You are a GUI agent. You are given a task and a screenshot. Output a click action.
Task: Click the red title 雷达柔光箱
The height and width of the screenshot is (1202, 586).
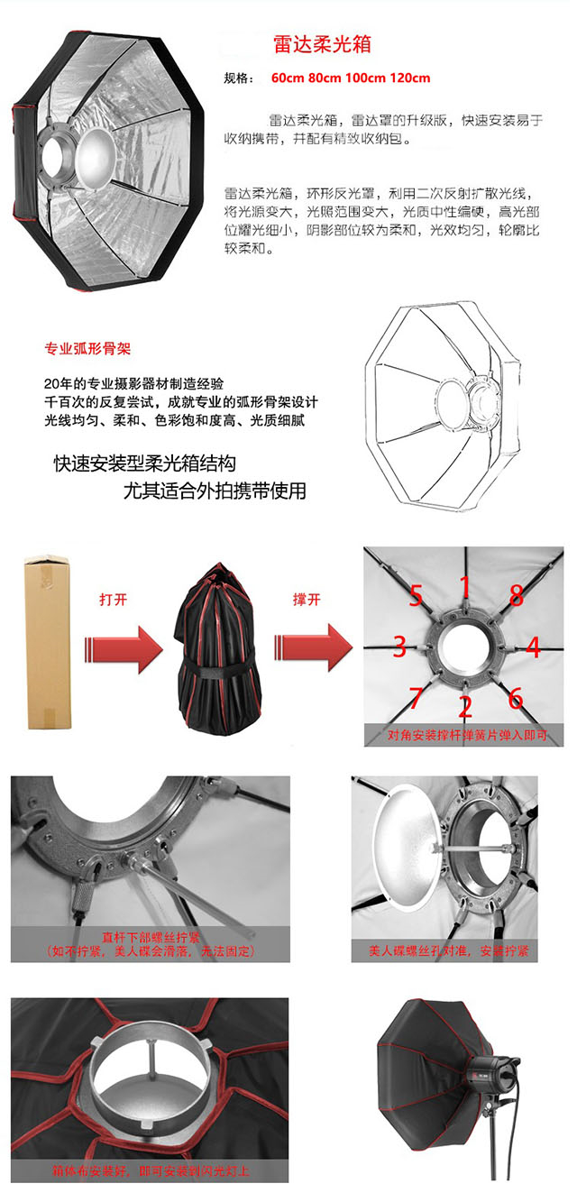click(322, 44)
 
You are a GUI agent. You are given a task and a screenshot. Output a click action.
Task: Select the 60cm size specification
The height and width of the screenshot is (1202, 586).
click(288, 78)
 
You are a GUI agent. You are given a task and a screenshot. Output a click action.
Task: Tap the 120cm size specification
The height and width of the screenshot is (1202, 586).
click(410, 78)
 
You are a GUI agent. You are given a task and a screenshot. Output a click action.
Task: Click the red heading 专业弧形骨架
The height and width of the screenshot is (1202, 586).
click(87, 349)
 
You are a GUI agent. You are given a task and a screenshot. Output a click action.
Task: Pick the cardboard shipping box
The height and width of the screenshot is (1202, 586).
click(49, 642)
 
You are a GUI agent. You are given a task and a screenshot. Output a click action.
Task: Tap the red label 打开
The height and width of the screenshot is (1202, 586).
click(114, 600)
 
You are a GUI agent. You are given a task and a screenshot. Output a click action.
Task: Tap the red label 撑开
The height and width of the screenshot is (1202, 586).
click(307, 600)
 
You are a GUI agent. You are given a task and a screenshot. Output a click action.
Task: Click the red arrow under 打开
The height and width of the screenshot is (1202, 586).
click(124, 648)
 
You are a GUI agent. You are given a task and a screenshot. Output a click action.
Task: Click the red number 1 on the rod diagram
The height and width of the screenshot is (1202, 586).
click(464, 586)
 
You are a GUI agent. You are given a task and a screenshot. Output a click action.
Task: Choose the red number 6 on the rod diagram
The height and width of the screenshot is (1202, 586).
click(516, 698)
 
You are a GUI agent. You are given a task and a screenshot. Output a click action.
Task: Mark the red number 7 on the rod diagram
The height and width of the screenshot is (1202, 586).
click(416, 697)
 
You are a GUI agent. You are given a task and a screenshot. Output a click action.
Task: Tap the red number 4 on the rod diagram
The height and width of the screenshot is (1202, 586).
click(533, 647)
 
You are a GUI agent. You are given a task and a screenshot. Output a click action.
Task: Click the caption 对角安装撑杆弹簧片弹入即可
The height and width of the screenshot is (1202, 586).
click(467, 735)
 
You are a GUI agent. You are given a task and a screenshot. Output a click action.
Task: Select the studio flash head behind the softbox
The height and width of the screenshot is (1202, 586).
click(493, 1075)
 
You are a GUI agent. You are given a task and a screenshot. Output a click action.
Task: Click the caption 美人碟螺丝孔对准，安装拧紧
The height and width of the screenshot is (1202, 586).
click(449, 950)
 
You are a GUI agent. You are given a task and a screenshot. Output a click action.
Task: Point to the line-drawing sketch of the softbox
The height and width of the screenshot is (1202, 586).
click(444, 406)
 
